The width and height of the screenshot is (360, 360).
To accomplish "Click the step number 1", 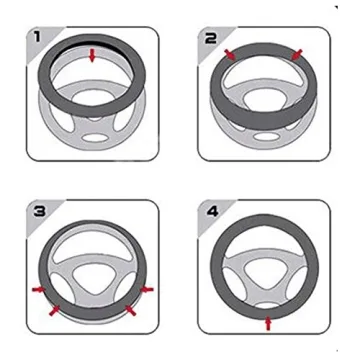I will coord(38,40).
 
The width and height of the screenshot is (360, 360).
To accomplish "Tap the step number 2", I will coord(211,40).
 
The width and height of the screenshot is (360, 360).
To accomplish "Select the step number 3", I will coord(38,213).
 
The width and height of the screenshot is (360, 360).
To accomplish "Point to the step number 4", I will coord(211,213).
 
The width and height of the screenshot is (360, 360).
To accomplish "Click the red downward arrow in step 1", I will coord(92,57).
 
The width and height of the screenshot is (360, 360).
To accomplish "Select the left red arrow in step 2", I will coord(231,51).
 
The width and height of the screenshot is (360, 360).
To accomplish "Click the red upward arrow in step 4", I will coord(267,322).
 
